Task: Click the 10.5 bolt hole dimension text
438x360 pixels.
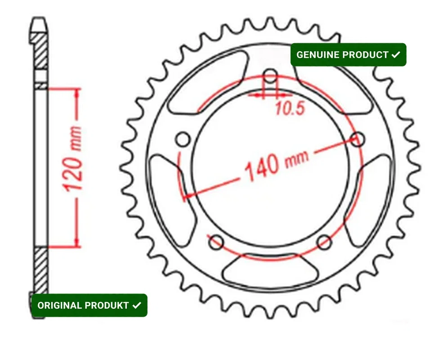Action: tap(290, 108)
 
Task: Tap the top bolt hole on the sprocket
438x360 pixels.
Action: tap(270, 76)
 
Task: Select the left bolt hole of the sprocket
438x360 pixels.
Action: tap(183, 139)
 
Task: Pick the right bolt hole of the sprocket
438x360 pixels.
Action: tap(358, 139)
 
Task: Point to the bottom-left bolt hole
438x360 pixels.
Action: tap(216, 242)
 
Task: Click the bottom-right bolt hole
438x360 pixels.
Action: tap(325, 242)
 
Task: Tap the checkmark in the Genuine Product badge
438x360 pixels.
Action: tap(396, 54)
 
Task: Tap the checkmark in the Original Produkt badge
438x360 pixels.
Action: tap(137, 305)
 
